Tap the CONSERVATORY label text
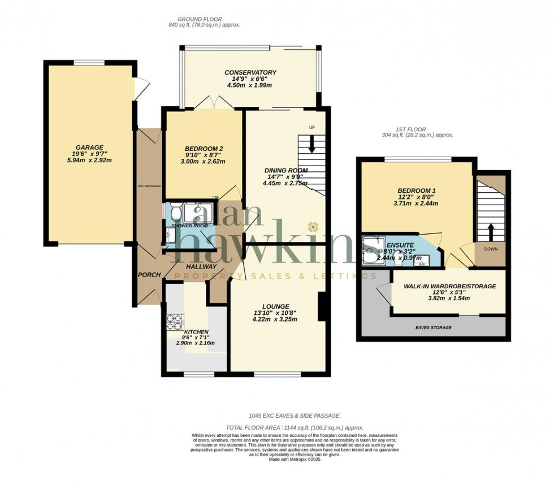coord(250,72)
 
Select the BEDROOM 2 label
coord(202,148)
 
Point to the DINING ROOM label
coord(287,170)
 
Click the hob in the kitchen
coord(172,321)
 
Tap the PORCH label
coord(149,275)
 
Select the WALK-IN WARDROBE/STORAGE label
coord(449,287)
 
